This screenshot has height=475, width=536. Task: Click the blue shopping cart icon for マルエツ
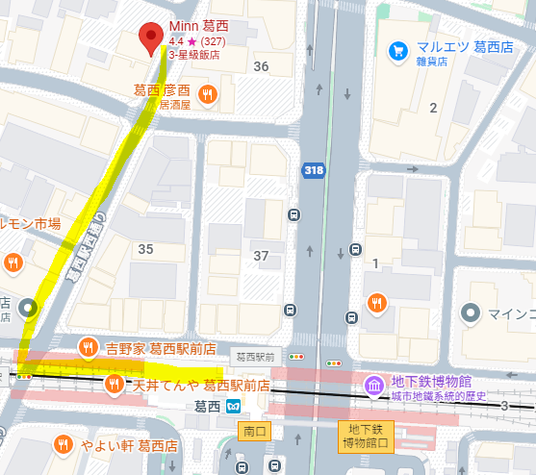pyautogui.click(x=396, y=50)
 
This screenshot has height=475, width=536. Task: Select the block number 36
pyautogui.click(x=261, y=66)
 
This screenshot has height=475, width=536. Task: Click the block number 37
pyautogui.click(x=261, y=255)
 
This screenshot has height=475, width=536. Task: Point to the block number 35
pyautogui.click(x=146, y=249)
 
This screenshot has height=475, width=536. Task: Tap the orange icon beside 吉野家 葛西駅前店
pyautogui.click(x=88, y=347)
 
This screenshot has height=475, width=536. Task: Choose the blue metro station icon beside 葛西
pyautogui.click(x=233, y=407)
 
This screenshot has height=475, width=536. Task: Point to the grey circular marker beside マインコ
pyautogui.click(x=471, y=312)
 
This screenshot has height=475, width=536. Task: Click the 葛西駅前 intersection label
pyautogui.click(x=255, y=356)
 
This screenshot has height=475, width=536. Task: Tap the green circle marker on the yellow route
pyautogui.click(x=28, y=309)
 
